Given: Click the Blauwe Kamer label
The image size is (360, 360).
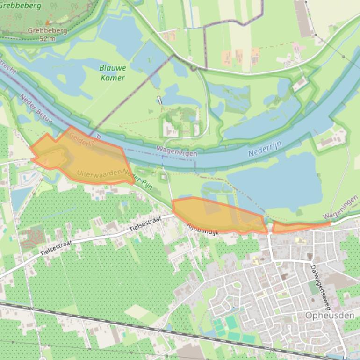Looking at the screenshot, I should (x=113, y=73).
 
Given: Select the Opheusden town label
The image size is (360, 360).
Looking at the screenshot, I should (x=329, y=315).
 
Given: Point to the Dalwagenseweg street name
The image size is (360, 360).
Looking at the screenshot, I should (x=320, y=288).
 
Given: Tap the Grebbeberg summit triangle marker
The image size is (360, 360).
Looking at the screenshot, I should (x=47, y=22).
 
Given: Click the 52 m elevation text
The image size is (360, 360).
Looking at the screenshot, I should (x=47, y=39).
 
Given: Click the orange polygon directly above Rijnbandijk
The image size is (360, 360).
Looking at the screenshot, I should (x=217, y=215).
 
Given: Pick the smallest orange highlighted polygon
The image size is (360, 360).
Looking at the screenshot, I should (x=299, y=227).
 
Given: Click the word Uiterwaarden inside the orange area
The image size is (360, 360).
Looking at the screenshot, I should (x=99, y=173).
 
